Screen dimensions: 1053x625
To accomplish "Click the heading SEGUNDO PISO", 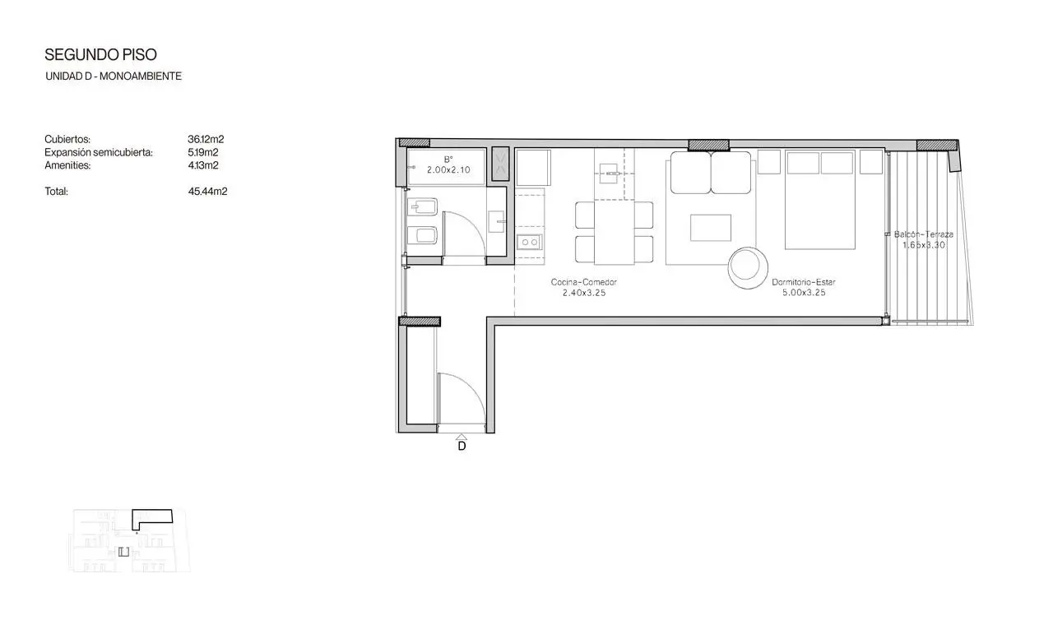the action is click(100, 55).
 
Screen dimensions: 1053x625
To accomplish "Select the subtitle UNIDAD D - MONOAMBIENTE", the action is click(114, 76).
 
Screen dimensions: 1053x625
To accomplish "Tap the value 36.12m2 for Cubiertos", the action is click(206, 139).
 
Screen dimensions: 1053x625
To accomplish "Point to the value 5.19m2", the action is click(203, 152).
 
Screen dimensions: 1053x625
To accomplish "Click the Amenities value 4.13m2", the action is click(203, 165).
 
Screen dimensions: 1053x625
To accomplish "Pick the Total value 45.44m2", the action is click(207, 192).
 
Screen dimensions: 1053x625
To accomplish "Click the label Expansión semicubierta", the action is click(99, 153).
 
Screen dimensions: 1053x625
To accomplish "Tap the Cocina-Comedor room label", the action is click(584, 282).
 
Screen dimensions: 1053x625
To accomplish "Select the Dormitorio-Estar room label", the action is click(804, 282).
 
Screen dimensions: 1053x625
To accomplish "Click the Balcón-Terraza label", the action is click(924, 234).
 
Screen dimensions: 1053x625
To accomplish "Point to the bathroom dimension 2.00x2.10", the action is click(448, 169).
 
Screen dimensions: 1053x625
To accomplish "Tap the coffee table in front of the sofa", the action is click(711, 228).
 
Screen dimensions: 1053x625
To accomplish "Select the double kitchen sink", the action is click(530, 242).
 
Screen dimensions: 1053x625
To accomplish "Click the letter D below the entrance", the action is click(462, 446).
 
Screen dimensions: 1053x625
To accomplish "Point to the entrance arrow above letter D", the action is click(462, 437).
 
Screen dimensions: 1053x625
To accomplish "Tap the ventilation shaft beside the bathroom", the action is click(500, 164).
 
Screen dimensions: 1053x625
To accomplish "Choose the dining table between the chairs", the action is click(614, 233).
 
